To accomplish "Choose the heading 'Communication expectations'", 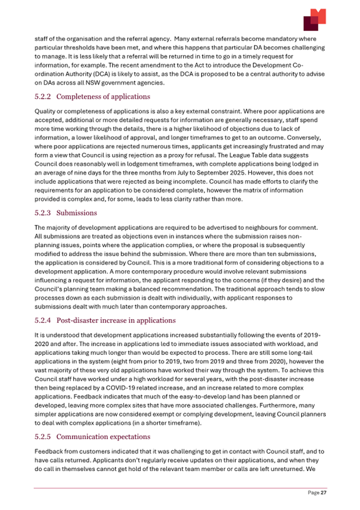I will [107, 438].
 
